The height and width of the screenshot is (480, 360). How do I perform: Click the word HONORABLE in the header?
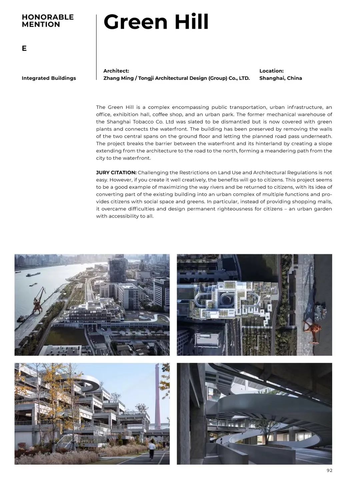(x=48, y=17)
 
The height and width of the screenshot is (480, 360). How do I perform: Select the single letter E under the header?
(x=24, y=49)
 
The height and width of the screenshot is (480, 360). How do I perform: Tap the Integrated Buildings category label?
(x=49, y=78)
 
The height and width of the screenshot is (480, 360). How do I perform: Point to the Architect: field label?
(x=116, y=71)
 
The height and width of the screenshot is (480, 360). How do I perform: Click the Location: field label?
(x=271, y=71)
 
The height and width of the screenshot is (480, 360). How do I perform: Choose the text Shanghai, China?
(x=280, y=78)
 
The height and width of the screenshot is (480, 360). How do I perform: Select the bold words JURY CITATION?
(x=116, y=172)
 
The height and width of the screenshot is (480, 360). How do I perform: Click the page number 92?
(x=329, y=470)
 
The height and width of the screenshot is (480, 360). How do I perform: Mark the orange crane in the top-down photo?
(x=312, y=330)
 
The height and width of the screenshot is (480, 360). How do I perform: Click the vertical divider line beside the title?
(x=96, y=47)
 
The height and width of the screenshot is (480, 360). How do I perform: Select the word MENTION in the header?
(x=41, y=24)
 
